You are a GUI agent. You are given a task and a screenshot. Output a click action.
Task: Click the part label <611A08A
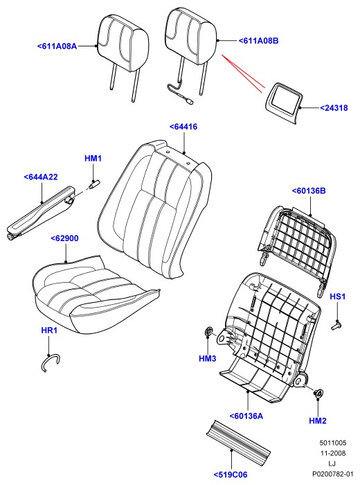click(x=57, y=46)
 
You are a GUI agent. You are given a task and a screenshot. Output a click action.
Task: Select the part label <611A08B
click(x=258, y=40)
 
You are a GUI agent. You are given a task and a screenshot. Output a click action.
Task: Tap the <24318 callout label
click(x=334, y=108)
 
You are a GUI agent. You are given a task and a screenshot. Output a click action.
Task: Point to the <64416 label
click(x=183, y=127)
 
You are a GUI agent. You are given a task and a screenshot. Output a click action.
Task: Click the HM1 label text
click(x=93, y=159)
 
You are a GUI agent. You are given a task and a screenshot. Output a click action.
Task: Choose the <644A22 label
click(x=41, y=177)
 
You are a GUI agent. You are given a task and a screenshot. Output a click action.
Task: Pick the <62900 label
click(x=64, y=238)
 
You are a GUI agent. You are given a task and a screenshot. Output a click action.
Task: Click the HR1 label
click(x=49, y=330)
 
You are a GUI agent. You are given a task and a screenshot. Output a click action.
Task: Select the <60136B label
click(x=309, y=191)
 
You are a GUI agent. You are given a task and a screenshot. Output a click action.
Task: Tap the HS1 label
click(x=337, y=297)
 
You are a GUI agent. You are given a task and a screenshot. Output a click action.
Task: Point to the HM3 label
click(x=208, y=358)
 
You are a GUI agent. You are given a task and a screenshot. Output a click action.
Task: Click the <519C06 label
click(x=231, y=475)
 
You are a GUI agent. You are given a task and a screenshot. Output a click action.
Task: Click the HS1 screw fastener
click(x=336, y=325)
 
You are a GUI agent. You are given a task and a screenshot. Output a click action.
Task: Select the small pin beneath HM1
click(x=93, y=184)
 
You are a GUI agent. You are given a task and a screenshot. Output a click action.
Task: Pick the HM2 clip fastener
click(x=318, y=394)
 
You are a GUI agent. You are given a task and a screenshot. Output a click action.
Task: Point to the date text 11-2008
click(x=332, y=453)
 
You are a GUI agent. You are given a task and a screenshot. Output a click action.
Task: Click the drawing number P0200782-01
click(x=332, y=474)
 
